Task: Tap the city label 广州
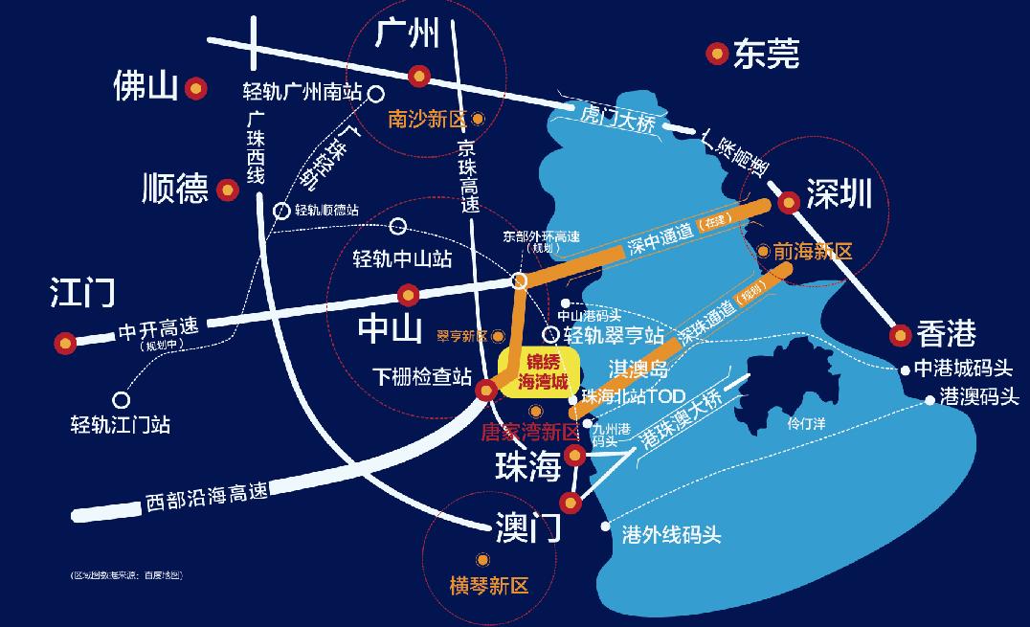[x=407, y=34]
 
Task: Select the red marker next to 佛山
[x=196, y=89]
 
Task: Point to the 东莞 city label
[x=766, y=54]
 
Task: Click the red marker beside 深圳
[x=789, y=202]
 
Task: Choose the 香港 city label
[x=946, y=333]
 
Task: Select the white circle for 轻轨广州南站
[x=376, y=94]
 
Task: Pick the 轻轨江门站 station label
[x=121, y=423]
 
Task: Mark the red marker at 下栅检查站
[x=486, y=389]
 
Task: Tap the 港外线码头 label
[x=671, y=535]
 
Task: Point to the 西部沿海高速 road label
[x=206, y=495]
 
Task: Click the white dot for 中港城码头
[x=905, y=369]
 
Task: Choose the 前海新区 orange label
[x=812, y=251]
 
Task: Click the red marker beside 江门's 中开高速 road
[x=65, y=341]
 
